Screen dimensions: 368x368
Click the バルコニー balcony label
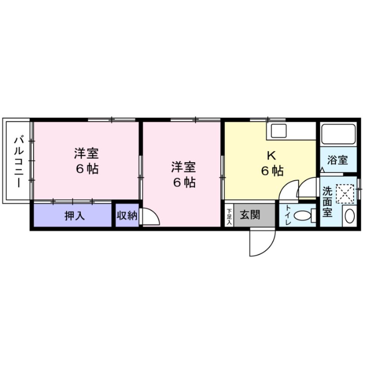pyautogui.click(x=19, y=161)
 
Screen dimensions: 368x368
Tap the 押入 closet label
pyautogui.click(x=75, y=216)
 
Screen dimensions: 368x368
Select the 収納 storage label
pyautogui.click(x=127, y=215)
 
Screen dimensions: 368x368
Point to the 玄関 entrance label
pyautogui.click(x=250, y=215)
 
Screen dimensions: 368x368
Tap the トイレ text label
pyautogui.click(x=288, y=215)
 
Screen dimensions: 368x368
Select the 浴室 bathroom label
pyautogui.click(x=337, y=160)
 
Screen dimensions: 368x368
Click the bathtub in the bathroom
pyautogui.click(x=338, y=134)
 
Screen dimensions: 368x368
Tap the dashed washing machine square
pyautogui.click(x=345, y=194)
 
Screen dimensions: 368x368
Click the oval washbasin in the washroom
pyautogui.click(x=350, y=216)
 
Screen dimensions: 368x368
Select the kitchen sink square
pyautogui.click(x=279, y=131)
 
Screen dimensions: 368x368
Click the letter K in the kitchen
pyautogui.click(x=272, y=155)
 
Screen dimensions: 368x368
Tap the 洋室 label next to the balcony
pyautogui.click(x=86, y=153)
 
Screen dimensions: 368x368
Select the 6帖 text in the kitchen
pyautogui.click(x=272, y=171)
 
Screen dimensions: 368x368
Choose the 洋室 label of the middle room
pyautogui.click(x=183, y=167)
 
